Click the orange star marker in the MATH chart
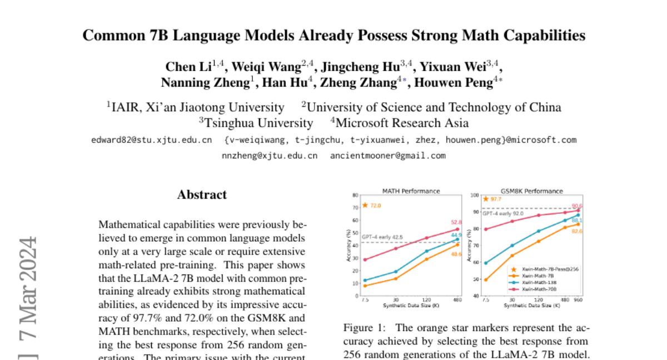pyautogui.click(x=365, y=205)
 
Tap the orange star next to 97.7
pyautogui.click(x=486, y=199)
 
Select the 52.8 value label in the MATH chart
pyautogui.click(x=456, y=222)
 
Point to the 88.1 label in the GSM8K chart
pyautogui.click(x=576, y=220)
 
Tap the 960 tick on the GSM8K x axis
pyautogui.click(x=578, y=300)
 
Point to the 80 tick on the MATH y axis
pyautogui.click(x=355, y=195)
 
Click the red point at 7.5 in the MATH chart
pyautogui.click(x=365, y=259)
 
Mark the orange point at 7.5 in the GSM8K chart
pyautogui.click(x=486, y=279)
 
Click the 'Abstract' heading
pyautogui.click(x=202, y=195)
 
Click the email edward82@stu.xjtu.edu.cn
pyautogui.click(x=151, y=140)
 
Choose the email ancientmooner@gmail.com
pyautogui.click(x=388, y=156)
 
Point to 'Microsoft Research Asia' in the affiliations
pyautogui.click(x=401, y=123)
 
